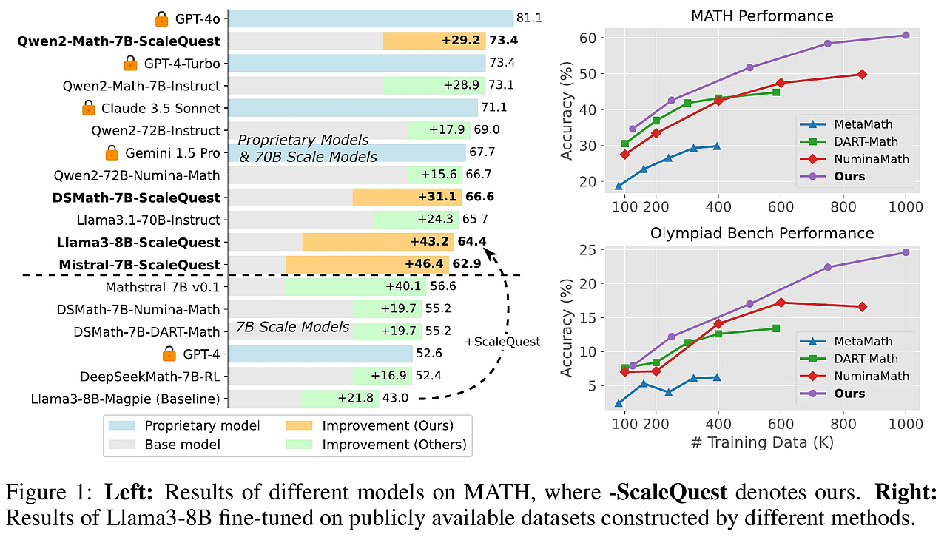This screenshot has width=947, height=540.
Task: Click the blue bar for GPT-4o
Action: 370,18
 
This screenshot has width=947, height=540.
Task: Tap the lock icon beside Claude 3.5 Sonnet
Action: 88,108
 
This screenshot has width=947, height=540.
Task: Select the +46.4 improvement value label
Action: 424,264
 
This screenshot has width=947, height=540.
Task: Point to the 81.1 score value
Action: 530,18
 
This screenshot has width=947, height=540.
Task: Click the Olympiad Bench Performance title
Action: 762,233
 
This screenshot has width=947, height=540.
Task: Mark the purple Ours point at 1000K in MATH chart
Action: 906,35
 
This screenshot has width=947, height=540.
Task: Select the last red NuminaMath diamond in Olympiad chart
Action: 862,306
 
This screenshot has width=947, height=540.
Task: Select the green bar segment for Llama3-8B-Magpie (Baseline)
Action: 340,399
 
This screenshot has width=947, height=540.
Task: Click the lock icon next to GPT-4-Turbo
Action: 130,63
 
